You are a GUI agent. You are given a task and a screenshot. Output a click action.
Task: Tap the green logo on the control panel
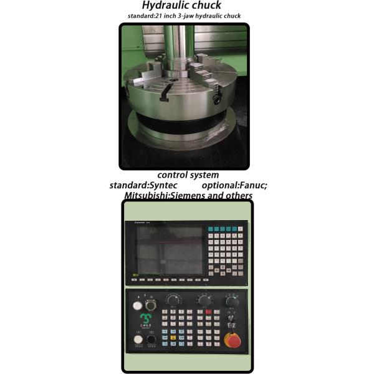coord(145,323)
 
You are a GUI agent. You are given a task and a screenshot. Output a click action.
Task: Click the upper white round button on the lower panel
coord(137,305)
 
